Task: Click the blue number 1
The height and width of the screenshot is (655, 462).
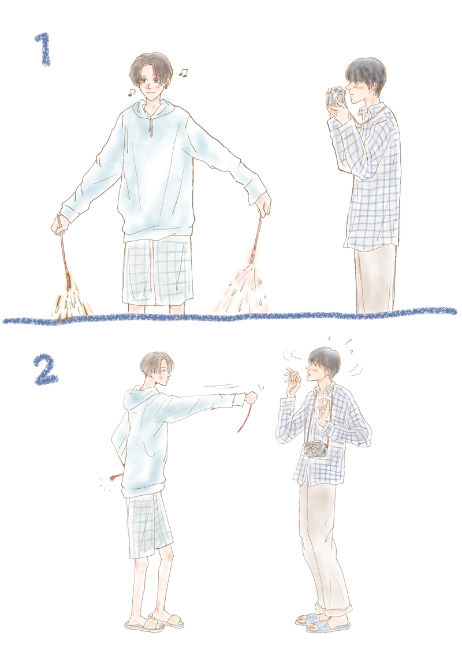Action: coord(43,50)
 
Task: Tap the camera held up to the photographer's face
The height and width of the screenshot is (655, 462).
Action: coord(336,96)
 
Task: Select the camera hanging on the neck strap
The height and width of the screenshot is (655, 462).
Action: coord(316,448)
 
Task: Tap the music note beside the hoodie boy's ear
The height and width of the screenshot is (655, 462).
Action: coord(183,73)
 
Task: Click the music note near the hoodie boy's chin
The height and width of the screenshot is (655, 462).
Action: coord(131,92)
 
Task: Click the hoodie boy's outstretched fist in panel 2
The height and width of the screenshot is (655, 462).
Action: coord(252,398)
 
